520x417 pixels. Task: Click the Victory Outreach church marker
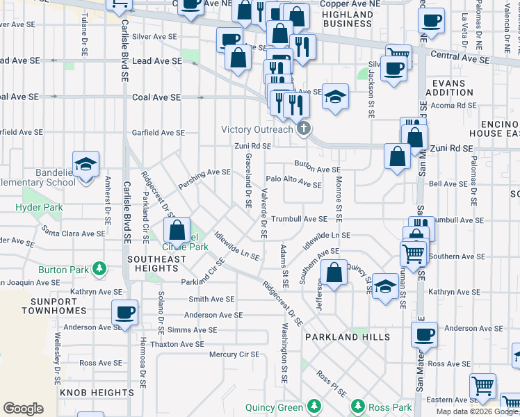coord(303,129)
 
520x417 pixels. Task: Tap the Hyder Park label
coord(39,207)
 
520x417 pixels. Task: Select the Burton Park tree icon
coord(101,269)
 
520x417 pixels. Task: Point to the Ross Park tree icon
coord(357,405)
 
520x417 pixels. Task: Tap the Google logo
coord(23,408)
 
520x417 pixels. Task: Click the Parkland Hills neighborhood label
coord(338,336)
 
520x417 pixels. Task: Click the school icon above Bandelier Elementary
coord(86,165)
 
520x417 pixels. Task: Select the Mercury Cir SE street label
coord(234,354)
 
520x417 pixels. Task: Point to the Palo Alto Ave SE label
coord(293,181)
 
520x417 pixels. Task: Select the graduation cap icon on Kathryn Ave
coord(384,286)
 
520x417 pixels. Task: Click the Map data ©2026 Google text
coord(476,411)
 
